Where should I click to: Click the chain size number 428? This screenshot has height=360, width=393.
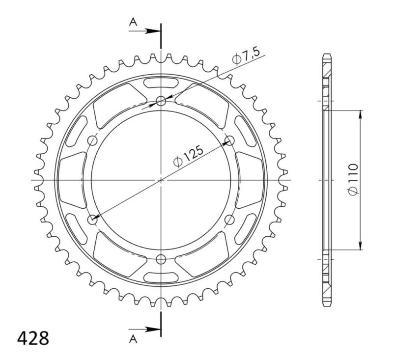pos(33,339)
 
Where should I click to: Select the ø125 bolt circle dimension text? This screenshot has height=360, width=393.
pos(190,156)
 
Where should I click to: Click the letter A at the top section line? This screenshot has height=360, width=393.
pos(132,22)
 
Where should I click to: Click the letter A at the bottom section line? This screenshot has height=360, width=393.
pos(132,338)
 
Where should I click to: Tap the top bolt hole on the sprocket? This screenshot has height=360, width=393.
pos(161,102)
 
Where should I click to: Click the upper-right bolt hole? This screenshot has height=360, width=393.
pos(229,141)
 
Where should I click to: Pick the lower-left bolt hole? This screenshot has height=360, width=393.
pos(92,219)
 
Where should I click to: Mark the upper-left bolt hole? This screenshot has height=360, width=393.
pos(92,141)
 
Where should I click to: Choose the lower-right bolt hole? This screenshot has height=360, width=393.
pos(229,219)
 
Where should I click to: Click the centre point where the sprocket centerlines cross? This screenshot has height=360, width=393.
pos(161,180)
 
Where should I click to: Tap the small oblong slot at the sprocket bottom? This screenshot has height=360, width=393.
pos(161,278)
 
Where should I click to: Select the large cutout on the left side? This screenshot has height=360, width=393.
pos(71,180)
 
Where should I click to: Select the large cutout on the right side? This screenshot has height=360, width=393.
pos(251,180)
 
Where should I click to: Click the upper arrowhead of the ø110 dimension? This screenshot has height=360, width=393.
pos(361,113)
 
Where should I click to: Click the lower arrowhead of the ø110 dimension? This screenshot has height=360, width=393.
pos(361,247)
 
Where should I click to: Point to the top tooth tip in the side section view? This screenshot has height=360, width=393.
pos(327,54)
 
